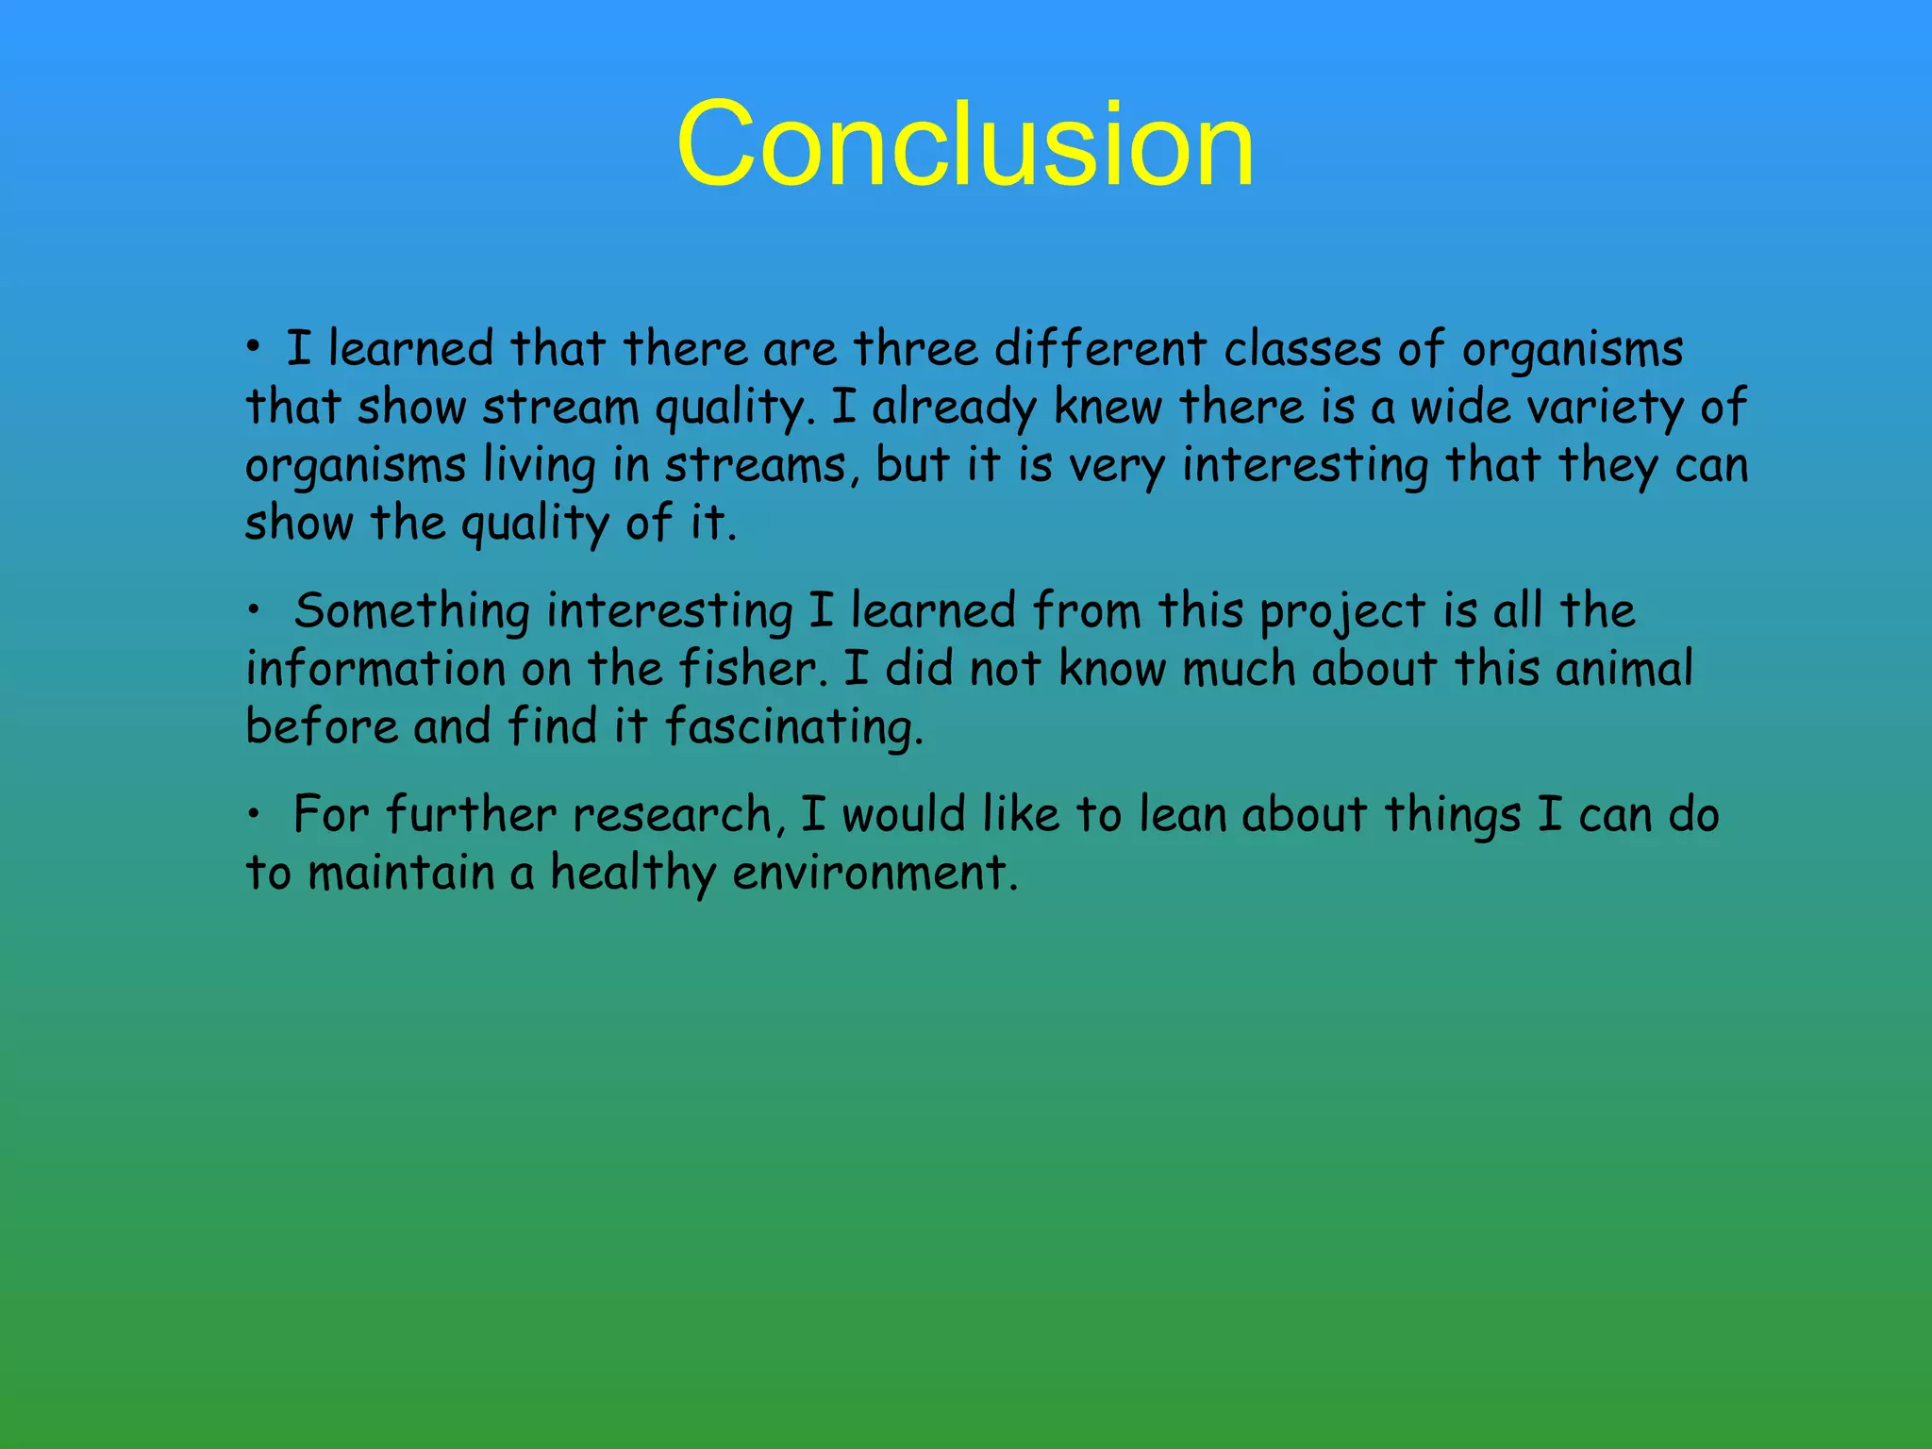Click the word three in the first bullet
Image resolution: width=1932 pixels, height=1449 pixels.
(x=915, y=348)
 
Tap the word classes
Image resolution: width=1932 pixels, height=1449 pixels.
(x=1303, y=348)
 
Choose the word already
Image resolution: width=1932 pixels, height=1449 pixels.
(x=953, y=408)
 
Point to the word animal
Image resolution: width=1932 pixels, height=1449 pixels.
(x=1624, y=669)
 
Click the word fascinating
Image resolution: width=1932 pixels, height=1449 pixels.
(x=792, y=728)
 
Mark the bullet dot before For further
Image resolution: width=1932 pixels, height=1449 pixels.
(x=253, y=815)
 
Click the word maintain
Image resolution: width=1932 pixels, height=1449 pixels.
(x=401, y=873)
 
